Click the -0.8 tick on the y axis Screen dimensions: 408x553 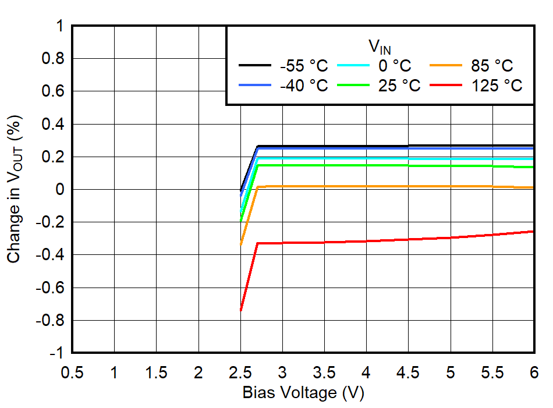click(x=51, y=320)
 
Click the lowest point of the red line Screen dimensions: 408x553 click(x=240, y=311)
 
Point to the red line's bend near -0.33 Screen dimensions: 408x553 click(x=258, y=243)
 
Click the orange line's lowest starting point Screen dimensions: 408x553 click(x=240, y=245)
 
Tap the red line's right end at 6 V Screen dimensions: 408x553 click(x=533, y=231)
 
